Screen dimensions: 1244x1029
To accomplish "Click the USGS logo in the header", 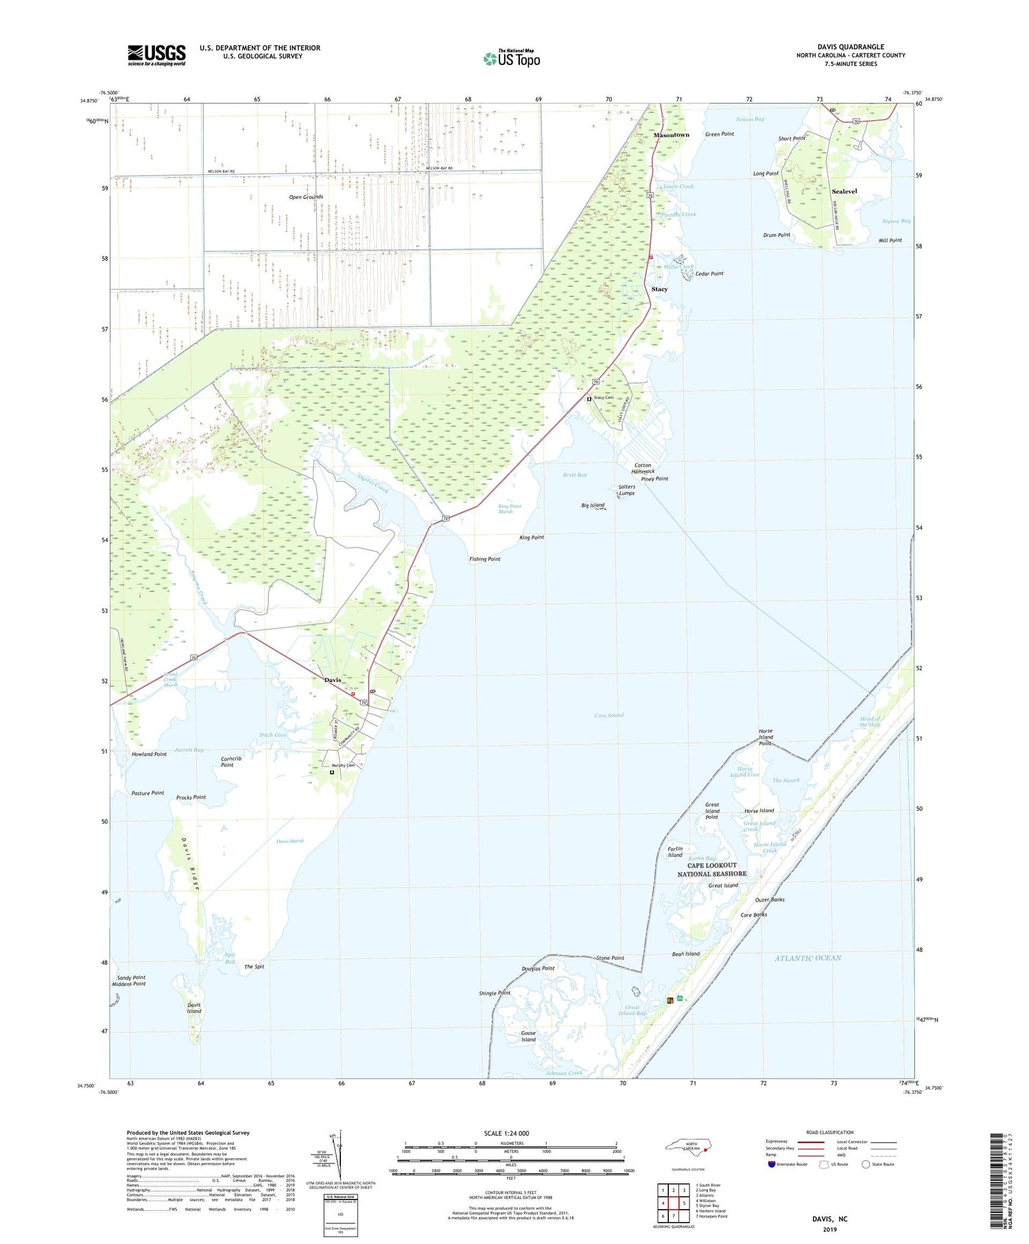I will pos(156,55).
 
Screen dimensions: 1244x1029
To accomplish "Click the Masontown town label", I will pos(671,135).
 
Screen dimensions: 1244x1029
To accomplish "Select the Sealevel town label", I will pos(844,191).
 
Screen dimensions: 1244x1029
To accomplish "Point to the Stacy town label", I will pos(659,290).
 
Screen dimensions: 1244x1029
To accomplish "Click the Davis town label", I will pos(333,680).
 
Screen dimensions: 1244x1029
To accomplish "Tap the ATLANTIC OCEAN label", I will pos(807,958).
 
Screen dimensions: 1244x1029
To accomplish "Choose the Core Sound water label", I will pos(608,716).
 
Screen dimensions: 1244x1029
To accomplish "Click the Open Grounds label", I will pos(306,197).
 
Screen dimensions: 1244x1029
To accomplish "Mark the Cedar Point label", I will pos(709,274).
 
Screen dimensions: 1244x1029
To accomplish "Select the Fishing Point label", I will pos(485,559).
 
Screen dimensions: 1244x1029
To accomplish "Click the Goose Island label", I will pos(528,1036).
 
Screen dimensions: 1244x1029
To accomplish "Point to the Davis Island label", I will pos(194,1008).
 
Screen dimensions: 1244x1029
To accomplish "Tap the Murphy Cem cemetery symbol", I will pos(332,772).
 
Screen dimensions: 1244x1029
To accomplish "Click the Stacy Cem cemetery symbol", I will pos(589,399).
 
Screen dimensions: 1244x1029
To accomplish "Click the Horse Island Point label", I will pos(766,738).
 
